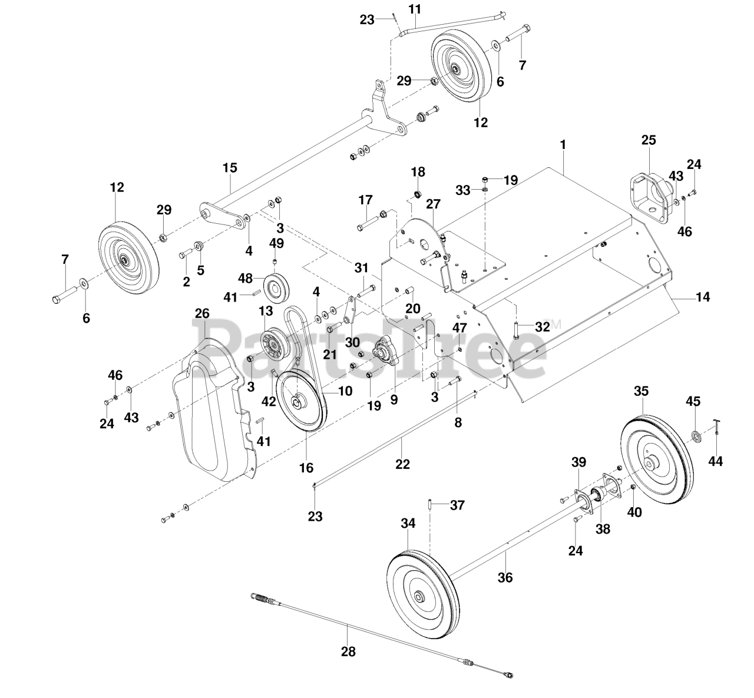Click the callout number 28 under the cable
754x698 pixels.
(x=348, y=651)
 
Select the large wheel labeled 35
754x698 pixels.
(x=656, y=460)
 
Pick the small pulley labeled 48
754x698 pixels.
(x=275, y=287)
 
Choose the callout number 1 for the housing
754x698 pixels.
(x=563, y=144)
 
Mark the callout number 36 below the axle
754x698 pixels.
(x=505, y=578)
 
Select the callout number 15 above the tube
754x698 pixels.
(x=230, y=168)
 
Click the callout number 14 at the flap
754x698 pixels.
(x=703, y=297)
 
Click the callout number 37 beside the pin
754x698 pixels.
(x=457, y=505)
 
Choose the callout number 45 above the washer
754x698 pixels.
(x=693, y=401)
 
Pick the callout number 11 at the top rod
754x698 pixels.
(x=415, y=9)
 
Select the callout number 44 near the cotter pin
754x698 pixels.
(x=715, y=461)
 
